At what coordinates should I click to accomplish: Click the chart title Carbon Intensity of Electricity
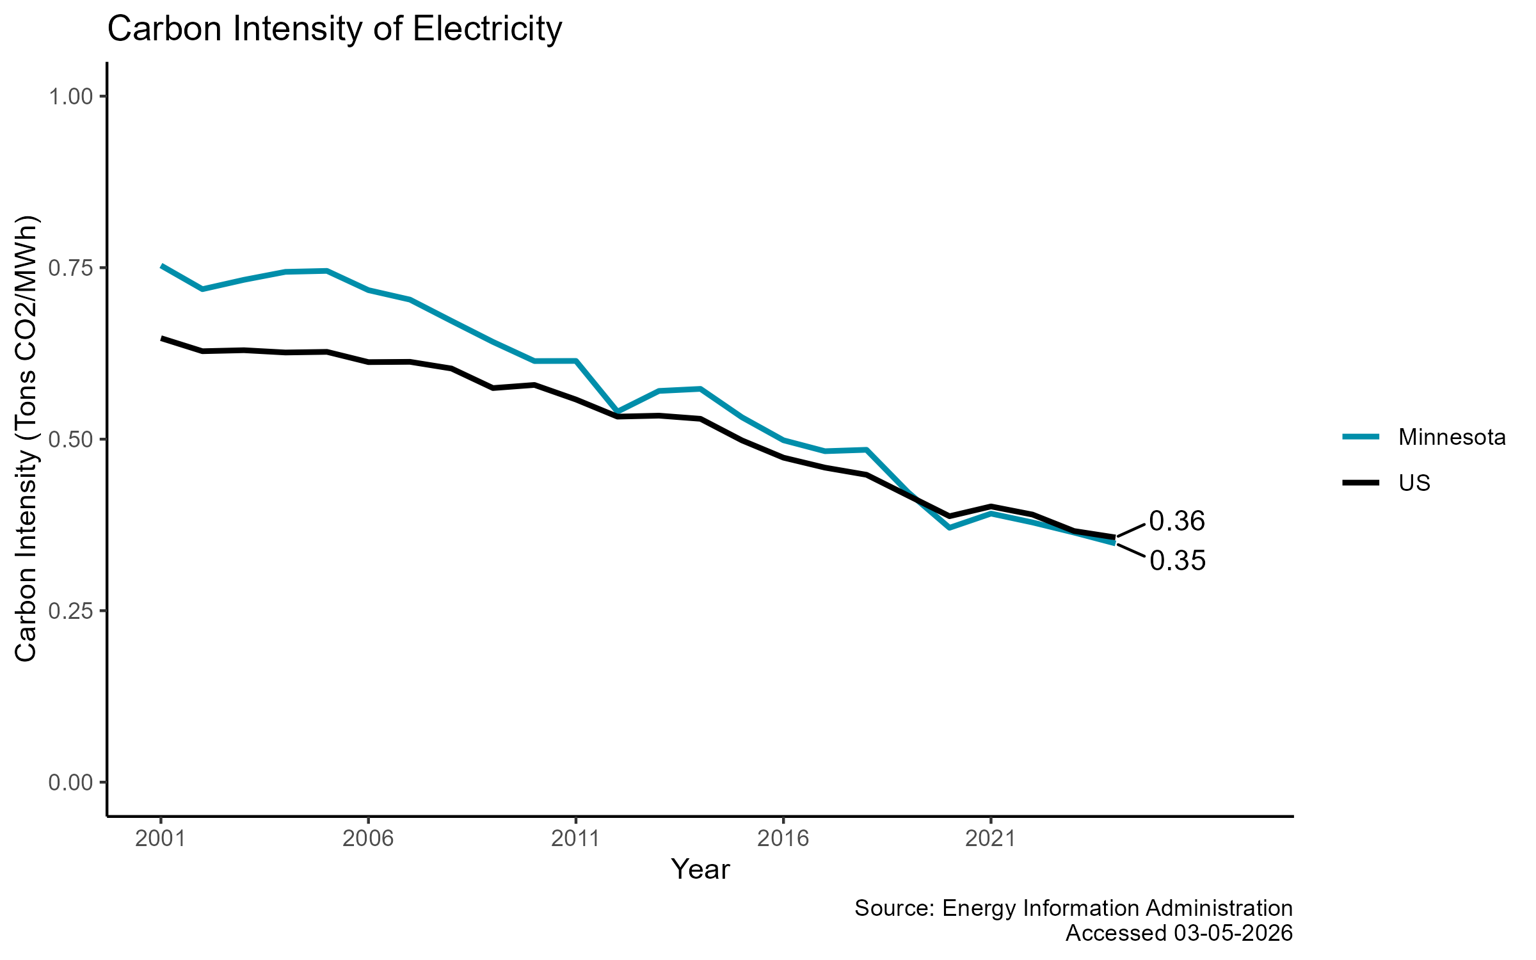click(x=334, y=29)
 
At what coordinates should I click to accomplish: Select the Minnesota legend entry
click(x=1452, y=437)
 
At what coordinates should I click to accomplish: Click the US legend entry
click(x=1414, y=483)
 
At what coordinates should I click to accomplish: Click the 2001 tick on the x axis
click(x=161, y=838)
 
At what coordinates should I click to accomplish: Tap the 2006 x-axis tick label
click(x=368, y=838)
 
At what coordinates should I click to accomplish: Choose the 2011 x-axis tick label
click(x=575, y=838)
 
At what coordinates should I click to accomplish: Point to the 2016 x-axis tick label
click(x=783, y=838)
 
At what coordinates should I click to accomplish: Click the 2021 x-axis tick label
click(x=990, y=838)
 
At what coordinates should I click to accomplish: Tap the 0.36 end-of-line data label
click(x=1177, y=522)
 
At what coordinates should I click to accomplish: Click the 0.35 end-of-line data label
click(x=1178, y=561)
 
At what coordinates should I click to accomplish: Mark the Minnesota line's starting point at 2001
click(x=162, y=266)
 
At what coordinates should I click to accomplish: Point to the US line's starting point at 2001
click(x=162, y=338)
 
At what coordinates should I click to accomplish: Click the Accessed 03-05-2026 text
click(x=1179, y=933)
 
